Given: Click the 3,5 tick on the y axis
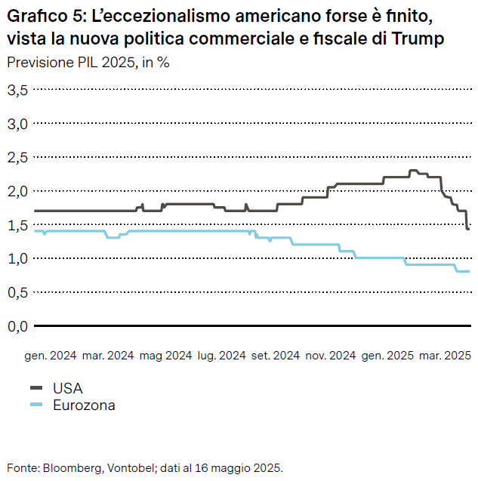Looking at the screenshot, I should [x=17, y=90].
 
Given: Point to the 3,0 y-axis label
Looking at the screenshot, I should [x=17, y=123].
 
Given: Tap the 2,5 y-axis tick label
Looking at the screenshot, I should [x=17, y=157].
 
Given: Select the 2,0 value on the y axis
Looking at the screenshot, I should [x=17, y=191].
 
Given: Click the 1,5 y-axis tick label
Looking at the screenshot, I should [x=17, y=225].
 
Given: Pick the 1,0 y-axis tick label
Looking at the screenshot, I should [x=17, y=258].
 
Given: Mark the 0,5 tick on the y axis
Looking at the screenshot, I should [x=17, y=292].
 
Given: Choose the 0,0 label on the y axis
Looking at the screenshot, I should [x=17, y=326].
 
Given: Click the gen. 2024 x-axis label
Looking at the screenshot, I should [x=51, y=355].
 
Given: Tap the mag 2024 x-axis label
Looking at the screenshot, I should [x=166, y=355].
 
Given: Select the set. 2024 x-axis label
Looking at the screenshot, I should [x=276, y=355].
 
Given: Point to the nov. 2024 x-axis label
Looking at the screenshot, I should [x=330, y=355].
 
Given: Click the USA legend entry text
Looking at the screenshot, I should [x=67, y=388].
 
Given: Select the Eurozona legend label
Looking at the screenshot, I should [x=84, y=405].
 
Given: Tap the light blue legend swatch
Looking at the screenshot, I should [x=36, y=405].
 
